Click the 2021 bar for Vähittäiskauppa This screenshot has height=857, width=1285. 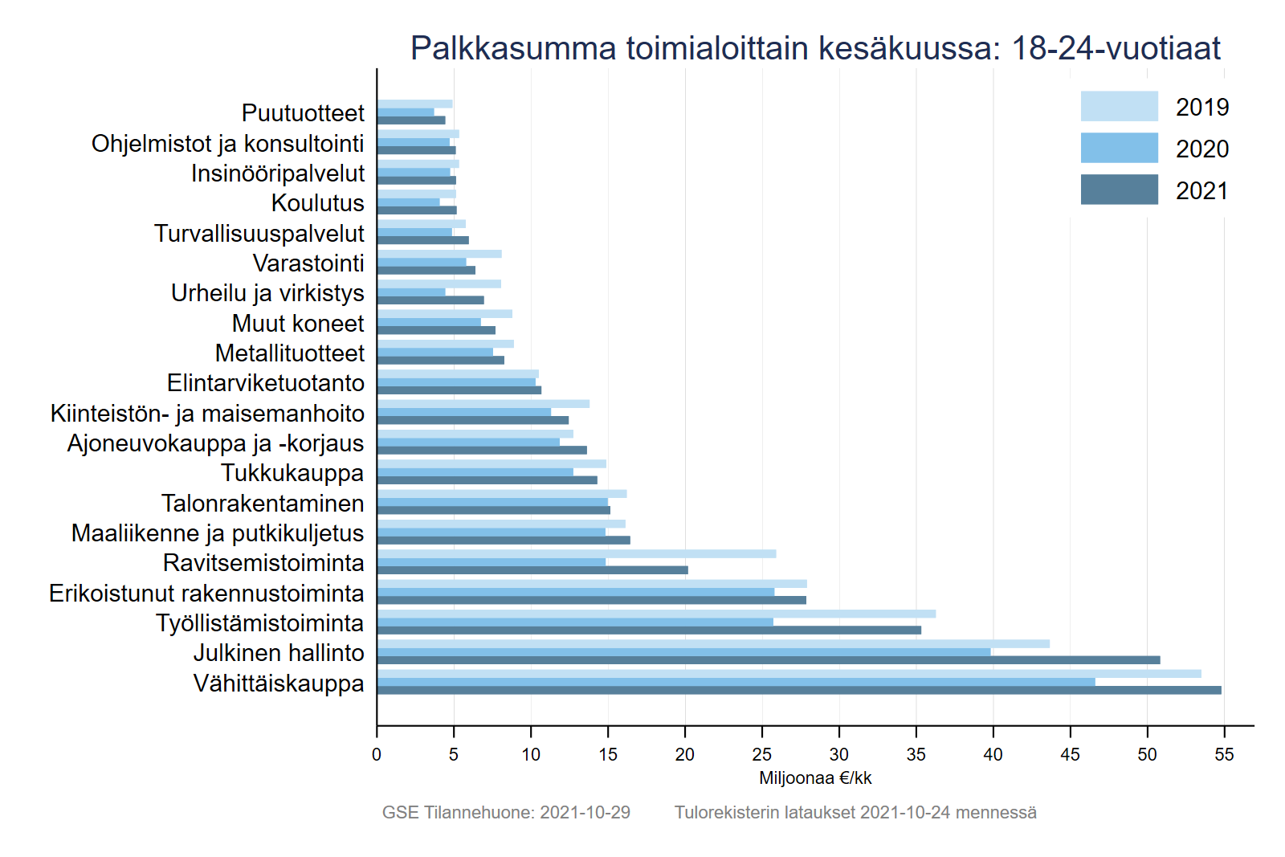tap(799, 690)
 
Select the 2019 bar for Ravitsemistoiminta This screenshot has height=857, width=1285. tap(577, 553)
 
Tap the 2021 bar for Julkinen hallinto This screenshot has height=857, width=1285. tap(769, 660)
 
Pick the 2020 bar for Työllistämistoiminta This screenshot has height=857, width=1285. tap(575, 622)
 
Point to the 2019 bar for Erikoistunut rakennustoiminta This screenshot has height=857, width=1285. tap(592, 584)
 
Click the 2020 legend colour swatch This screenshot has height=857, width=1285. tap(1119, 148)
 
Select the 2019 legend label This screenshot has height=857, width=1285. tap(1201, 107)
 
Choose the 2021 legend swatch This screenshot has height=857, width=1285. tap(1119, 190)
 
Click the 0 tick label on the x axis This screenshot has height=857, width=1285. tap(377, 754)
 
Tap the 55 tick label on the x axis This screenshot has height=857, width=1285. tap(1224, 754)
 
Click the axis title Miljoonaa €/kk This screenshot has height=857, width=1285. tap(815, 777)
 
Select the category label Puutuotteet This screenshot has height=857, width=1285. tap(303, 112)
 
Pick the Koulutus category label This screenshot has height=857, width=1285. tap(317, 202)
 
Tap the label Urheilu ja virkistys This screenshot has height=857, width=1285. tap(267, 293)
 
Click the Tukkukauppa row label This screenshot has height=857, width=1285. tap(292, 473)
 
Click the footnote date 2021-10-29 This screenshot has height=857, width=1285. tap(585, 812)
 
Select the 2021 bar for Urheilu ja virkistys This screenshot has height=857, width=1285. tap(430, 300)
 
